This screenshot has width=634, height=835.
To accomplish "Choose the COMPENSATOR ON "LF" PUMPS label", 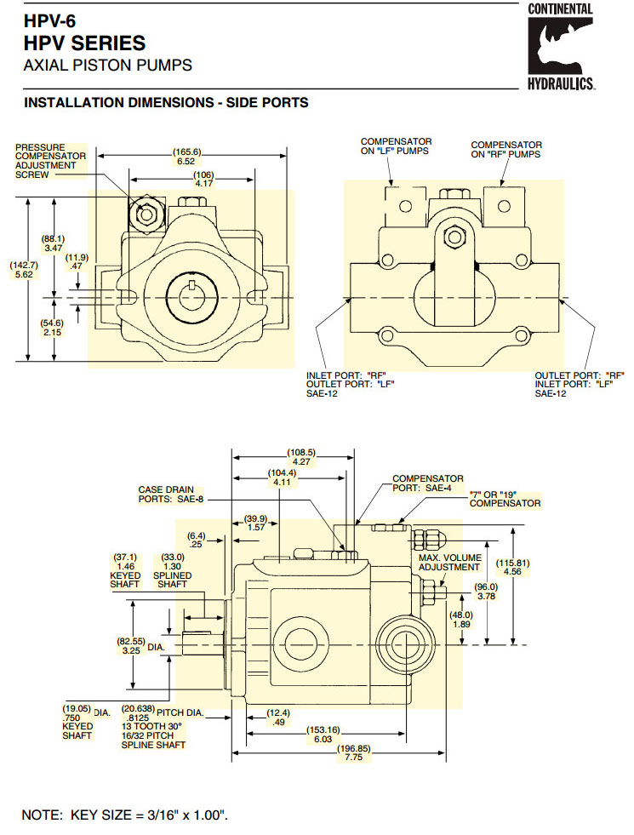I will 396,146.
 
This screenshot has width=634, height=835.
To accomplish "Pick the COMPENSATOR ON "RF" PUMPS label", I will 506,150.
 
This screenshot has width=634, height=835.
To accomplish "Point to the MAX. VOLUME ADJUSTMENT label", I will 449,563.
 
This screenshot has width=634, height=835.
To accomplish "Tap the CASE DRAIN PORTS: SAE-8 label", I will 171,495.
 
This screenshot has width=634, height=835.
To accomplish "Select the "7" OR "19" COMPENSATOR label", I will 505,499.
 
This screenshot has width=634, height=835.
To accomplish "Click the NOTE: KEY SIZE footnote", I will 124,814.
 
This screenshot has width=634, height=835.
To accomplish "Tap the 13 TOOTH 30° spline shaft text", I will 151,726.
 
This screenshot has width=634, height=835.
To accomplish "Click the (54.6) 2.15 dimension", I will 53,328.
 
